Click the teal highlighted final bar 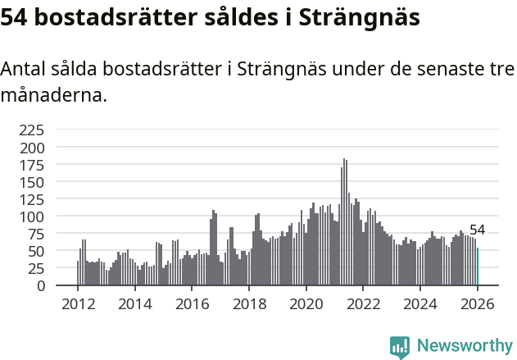pyautogui.click(x=478, y=267)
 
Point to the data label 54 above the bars pyautogui.click(x=478, y=230)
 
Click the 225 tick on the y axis pyautogui.click(x=33, y=130)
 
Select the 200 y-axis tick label pyautogui.click(x=33, y=148)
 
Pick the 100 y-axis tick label pyautogui.click(x=33, y=216)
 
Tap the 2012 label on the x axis pyautogui.click(x=78, y=303)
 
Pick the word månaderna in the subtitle pyautogui.click(x=53, y=95)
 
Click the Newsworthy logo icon pyautogui.click(x=399, y=347)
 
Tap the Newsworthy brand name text pyautogui.click(x=465, y=346)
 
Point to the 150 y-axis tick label pyautogui.click(x=33, y=182)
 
